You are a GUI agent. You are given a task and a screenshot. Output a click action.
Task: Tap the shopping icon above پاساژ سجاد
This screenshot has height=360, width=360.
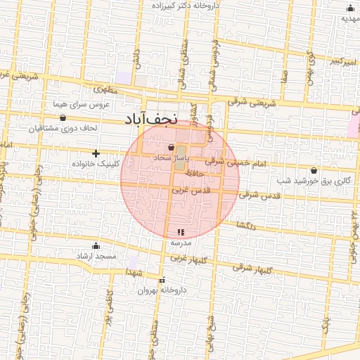pyautogui.click(x=172, y=148)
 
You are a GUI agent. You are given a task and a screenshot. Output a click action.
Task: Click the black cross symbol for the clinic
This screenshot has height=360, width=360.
pyautogui.click(x=96, y=153)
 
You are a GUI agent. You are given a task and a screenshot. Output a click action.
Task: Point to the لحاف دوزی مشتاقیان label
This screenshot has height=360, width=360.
pyautogui.click(x=67, y=129)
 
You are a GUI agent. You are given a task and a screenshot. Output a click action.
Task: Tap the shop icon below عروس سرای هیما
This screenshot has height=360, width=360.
pyautogui.click(x=64, y=117)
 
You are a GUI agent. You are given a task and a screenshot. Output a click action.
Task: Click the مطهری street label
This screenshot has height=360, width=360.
pyautogui.click(x=108, y=89)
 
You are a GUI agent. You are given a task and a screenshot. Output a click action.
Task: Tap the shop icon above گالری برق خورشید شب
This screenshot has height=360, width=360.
pyautogui.click(x=314, y=170)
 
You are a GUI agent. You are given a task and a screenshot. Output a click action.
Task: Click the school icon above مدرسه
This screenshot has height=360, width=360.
pyautogui.click(x=180, y=232)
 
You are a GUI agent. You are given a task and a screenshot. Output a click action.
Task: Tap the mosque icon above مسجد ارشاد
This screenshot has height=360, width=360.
pyautogui.click(x=96, y=246)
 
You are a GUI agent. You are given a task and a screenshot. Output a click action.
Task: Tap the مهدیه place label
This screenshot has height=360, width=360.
pyautogui.click(x=349, y=18)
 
